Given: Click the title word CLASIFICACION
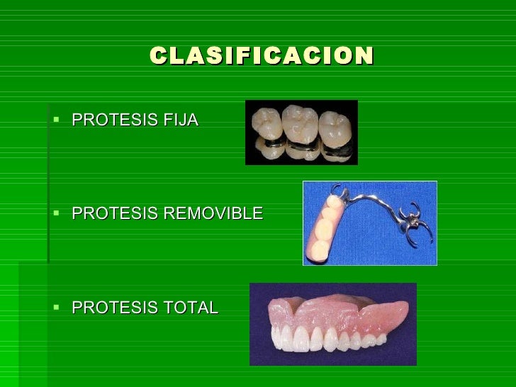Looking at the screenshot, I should coord(261,55).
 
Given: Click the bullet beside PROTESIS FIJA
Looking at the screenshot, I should coord(57,119).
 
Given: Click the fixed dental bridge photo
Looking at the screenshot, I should coord(301,132).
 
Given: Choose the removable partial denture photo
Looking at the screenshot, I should coord(369,223).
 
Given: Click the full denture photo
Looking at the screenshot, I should coord(332,324).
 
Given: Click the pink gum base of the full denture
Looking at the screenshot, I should coord(333,306).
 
